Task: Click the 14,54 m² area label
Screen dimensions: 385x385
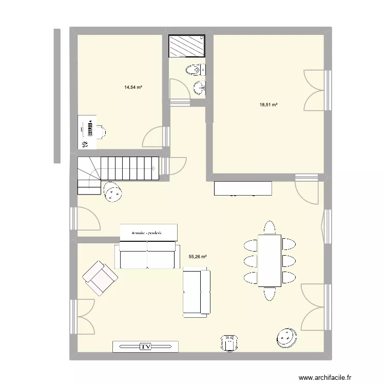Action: [133, 87]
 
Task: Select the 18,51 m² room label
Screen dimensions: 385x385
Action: [268, 105]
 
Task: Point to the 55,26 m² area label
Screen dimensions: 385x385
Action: [198, 257]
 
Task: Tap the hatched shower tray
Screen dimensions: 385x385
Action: [187, 46]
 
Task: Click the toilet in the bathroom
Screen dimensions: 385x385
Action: [196, 69]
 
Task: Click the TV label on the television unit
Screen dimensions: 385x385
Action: [146, 347]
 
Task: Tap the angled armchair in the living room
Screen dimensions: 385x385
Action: [100, 278]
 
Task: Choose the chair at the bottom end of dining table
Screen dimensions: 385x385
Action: [269, 294]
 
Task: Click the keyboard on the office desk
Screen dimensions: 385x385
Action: [90, 128]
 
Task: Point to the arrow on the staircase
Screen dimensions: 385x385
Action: [152, 168]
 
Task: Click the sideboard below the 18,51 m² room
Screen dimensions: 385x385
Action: [243, 188]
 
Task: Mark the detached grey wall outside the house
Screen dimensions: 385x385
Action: [57, 96]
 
